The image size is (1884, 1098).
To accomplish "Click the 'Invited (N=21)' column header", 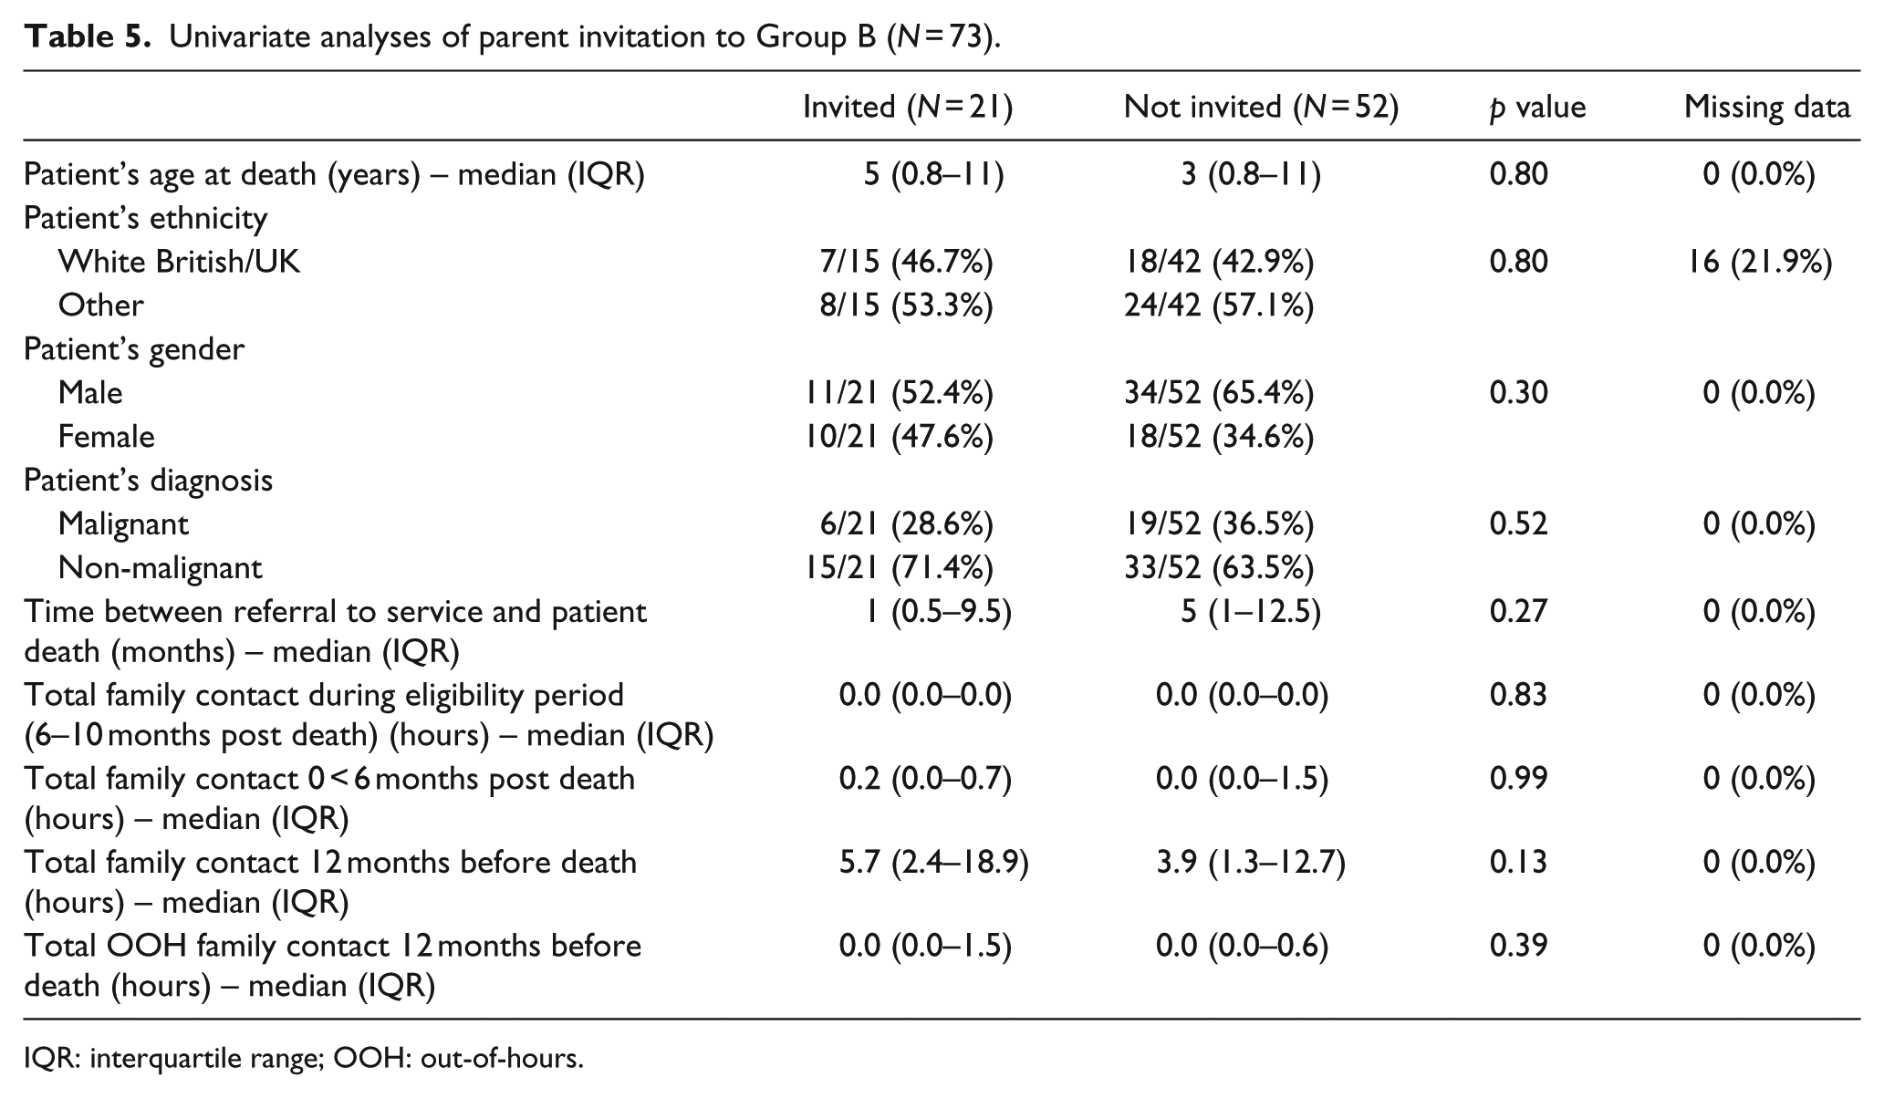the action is tap(908, 108).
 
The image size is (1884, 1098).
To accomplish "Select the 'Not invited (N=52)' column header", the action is tap(1261, 108).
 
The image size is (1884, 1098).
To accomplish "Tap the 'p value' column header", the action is tap(1537, 109).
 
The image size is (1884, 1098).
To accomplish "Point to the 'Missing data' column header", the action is tap(1767, 108).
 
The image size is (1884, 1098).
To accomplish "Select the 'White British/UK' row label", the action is tap(179, 263).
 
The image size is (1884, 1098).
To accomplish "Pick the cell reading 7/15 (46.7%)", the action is tap(906, 263).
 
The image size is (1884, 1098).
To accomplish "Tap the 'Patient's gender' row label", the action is tap(134, 349).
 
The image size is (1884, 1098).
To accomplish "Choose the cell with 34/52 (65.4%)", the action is tap(1219, 393).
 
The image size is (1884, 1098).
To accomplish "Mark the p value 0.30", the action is tap(1519, 393).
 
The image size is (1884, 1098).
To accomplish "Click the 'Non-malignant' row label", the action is tap(160, 568).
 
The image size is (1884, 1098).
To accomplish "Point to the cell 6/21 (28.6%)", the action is tap(906, 524).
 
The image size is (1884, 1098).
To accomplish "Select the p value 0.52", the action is tap(1519, 524).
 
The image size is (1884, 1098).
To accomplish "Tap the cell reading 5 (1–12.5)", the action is tap(1251, 612).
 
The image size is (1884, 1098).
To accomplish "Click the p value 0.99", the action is tap(1519, 779).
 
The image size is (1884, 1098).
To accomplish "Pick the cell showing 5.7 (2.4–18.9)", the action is tap(934, 863).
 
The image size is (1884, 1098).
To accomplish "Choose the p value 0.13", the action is tap(1519, 863).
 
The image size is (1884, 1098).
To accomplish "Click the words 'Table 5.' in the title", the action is tap(88, 36).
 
